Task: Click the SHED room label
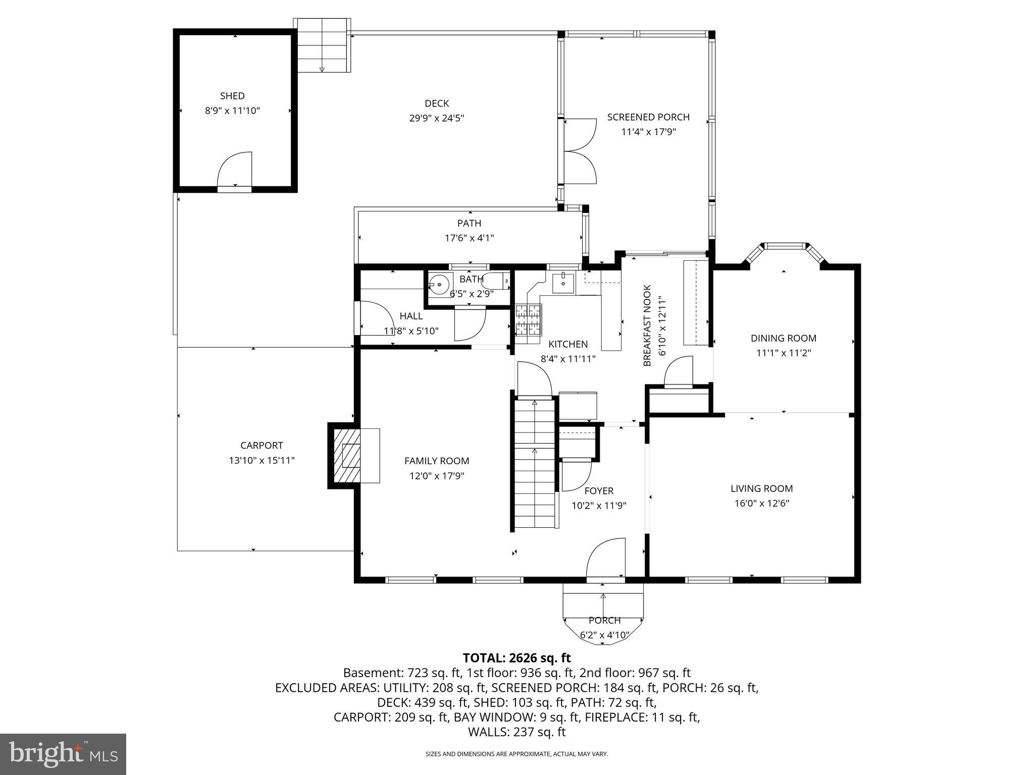pyautogui.click(x=232, y=96)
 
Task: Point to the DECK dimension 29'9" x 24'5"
pyautogui.click(x=437, y=119)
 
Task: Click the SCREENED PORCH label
pyautogui.click(x=648, y=117)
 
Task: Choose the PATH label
pyautogui.click(x=470, y=223)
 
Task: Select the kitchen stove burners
pyautogui.click(x=528, y=320)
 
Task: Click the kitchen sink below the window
pyautogui.click(x=563, y=284)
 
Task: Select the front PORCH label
pyautogui.click(x=604, y=621)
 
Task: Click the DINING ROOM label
pyautogui.click(x=784, y=339)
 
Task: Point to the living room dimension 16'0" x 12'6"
pyautogui.click(x=762, y=504)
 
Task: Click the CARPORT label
pyautogui.click(x=262, y=446)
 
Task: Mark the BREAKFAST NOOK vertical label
pyautogui.click(x=648, y=325)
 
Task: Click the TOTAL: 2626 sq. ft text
pyautogui.click(x=516, y=658)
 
